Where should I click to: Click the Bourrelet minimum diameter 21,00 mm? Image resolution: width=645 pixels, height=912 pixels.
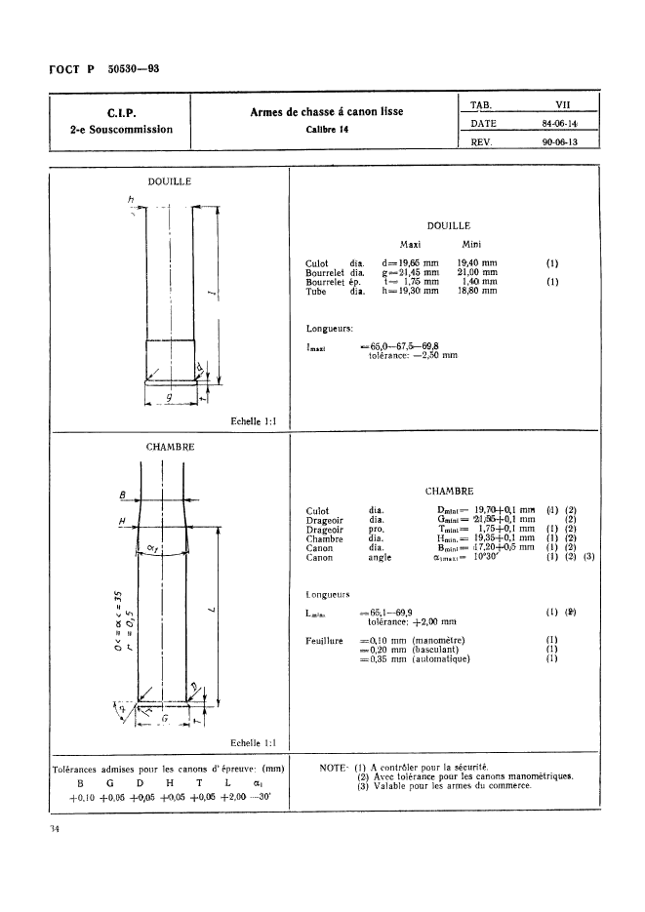[477, 272]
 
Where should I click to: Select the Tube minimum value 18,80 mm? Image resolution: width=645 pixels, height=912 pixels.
[477, 290]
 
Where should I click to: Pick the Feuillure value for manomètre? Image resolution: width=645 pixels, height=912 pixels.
[417, 640]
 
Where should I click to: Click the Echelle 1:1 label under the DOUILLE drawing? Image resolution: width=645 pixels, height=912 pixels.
[254, 421]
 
